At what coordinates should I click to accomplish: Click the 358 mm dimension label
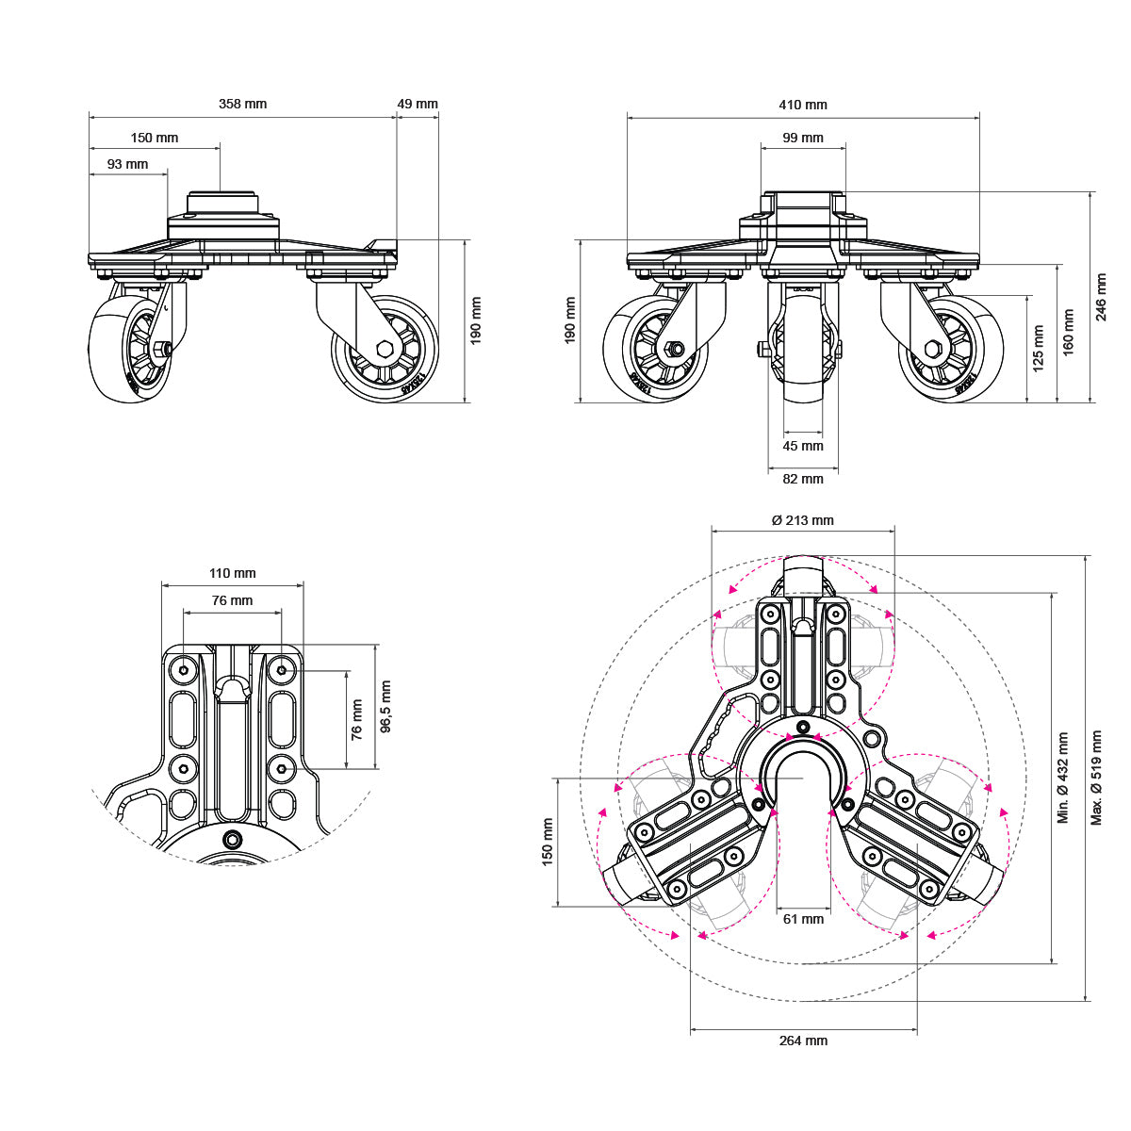(242, 104)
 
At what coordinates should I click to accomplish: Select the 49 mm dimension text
(418, 104)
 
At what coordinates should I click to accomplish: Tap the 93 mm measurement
(127, 164)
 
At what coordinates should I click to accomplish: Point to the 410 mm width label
(803, 105)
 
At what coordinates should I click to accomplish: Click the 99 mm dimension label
(803, 138)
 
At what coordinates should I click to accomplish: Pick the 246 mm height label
(1102, 298)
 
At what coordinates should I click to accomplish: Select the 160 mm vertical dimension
(1068, 332)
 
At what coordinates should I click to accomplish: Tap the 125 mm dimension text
(1039, 348)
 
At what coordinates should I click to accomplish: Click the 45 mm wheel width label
(803, 446)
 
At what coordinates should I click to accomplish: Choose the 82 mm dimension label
(803, 479)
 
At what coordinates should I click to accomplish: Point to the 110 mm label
(232, 573)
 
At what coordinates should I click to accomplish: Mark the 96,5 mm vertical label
(385, 707)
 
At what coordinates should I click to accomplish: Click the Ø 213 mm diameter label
(802, 520)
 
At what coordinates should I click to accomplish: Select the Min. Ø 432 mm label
(1063, 778)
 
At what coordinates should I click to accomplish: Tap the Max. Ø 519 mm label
(1096, 778)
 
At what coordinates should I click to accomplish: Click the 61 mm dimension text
(803, 919)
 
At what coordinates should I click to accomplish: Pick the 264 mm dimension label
(803, 1041)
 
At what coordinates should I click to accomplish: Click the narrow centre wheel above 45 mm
(803, 349)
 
